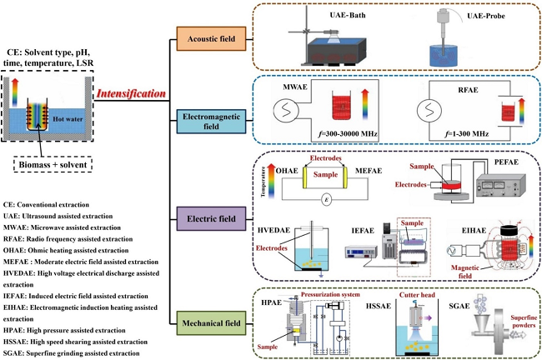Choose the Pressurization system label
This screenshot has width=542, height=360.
[339, 295]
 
